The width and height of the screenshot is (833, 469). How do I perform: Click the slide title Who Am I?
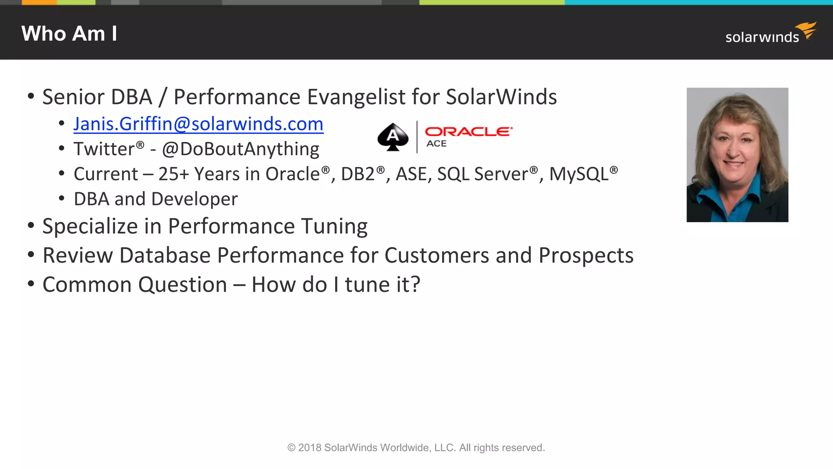point(69,33)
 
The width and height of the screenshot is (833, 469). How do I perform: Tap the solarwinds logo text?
point(762,37)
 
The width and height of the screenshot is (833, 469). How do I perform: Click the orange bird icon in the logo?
point(807,30)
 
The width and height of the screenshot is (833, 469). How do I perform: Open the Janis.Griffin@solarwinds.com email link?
point(198,124)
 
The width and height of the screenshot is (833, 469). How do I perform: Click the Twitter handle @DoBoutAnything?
point(240,149)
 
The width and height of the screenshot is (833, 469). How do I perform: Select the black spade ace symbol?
point(393,137)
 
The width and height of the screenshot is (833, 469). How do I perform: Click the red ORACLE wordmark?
point(468,131)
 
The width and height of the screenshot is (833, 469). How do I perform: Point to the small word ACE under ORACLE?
point(436,144)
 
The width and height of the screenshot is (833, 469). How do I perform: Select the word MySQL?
point(579,174)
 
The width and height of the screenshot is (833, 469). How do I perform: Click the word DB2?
point(358,174)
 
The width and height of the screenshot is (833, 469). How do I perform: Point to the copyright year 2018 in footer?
point(310,448)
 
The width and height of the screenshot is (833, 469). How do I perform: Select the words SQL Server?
point(482,174)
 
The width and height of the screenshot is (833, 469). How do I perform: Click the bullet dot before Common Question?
point(31,284)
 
